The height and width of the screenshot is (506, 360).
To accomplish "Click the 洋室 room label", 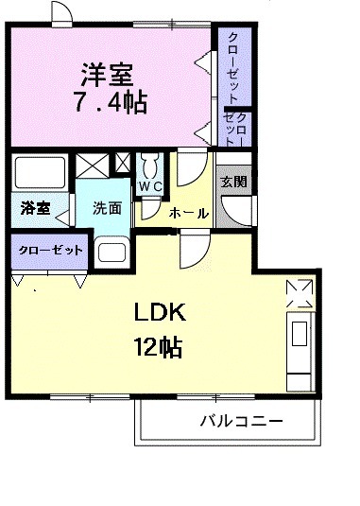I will click(108, 72).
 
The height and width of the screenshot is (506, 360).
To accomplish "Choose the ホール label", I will click(188, 213).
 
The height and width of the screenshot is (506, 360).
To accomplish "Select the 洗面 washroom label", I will click(105, 208).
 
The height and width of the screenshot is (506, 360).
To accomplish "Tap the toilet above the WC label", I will click(149, 164).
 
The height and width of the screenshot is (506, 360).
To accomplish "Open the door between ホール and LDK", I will click(193, 248).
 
